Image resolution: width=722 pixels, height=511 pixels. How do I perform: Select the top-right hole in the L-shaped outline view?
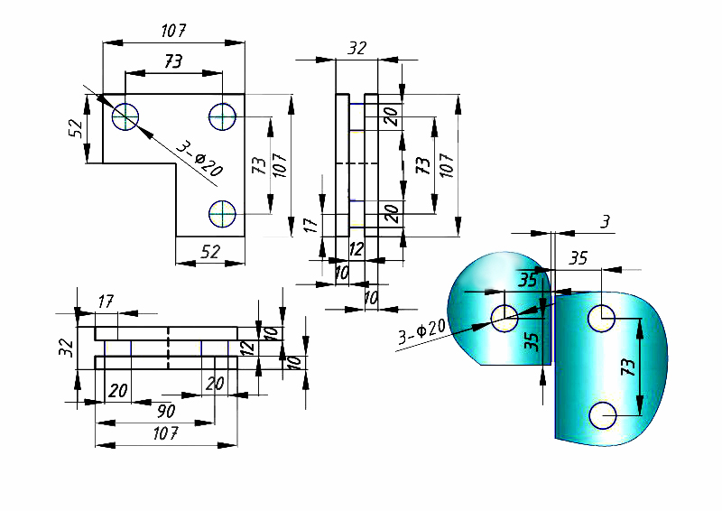[x=222, y=116]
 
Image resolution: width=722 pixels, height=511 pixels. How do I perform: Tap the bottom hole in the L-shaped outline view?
[x=222, y=213]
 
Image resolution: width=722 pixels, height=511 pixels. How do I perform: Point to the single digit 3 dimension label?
[x=605, y=221]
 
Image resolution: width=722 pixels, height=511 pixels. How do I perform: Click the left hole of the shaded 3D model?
[x=504, y=316]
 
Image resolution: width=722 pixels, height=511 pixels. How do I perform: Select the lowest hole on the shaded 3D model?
[x=602, y=415]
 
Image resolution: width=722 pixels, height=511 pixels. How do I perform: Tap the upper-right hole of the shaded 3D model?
[x=602, y=317]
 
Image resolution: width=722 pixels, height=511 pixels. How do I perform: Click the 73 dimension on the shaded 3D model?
[x=630, y=367]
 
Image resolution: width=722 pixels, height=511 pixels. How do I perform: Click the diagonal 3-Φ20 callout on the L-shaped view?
[x=198, y=158]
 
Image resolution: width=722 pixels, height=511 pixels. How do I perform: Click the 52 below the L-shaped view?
[x=209, y=253]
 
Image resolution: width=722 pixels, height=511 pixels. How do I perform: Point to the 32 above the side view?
[x=356, y=49]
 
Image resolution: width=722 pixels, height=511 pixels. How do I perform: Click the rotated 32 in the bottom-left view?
[x=65, y=348]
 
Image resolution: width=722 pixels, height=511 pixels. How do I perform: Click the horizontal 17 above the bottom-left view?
[x=105, y=302]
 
